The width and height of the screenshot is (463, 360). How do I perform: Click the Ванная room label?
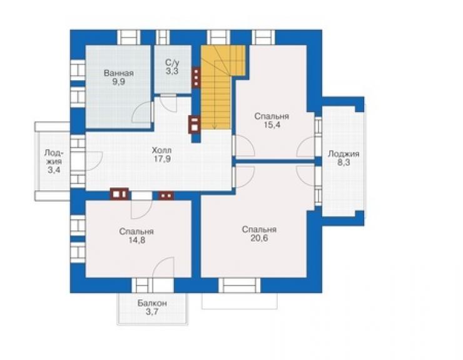[x=119, y=73]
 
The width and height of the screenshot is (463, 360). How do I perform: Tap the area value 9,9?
[x=118, y=82]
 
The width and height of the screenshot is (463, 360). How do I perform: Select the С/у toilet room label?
[x=172, y=63]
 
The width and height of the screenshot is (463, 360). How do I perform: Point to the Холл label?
[x=161, y=150]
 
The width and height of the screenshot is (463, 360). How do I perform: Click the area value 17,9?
[x=162, y=159]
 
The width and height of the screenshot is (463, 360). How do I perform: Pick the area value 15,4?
[x=272, y=125]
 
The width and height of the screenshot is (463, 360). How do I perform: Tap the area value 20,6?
[x=259, y=239]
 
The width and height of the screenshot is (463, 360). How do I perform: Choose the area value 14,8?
[x=137, y=240]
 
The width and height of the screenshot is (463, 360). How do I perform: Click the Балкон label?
[x=152, y=303]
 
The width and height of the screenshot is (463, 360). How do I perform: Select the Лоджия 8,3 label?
[x=343, y=158]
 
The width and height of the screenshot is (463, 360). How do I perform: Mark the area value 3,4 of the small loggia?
[x=54, y=170]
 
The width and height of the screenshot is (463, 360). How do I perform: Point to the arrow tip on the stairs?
[x=215, y=128]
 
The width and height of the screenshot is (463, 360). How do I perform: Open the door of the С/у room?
[x=168, y=103]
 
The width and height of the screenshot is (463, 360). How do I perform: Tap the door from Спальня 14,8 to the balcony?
[x=163, y=267]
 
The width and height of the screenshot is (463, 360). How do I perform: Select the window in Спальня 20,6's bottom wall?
[x=240, y=285]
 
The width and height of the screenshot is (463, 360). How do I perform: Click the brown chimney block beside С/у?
[x=196, y=78]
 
